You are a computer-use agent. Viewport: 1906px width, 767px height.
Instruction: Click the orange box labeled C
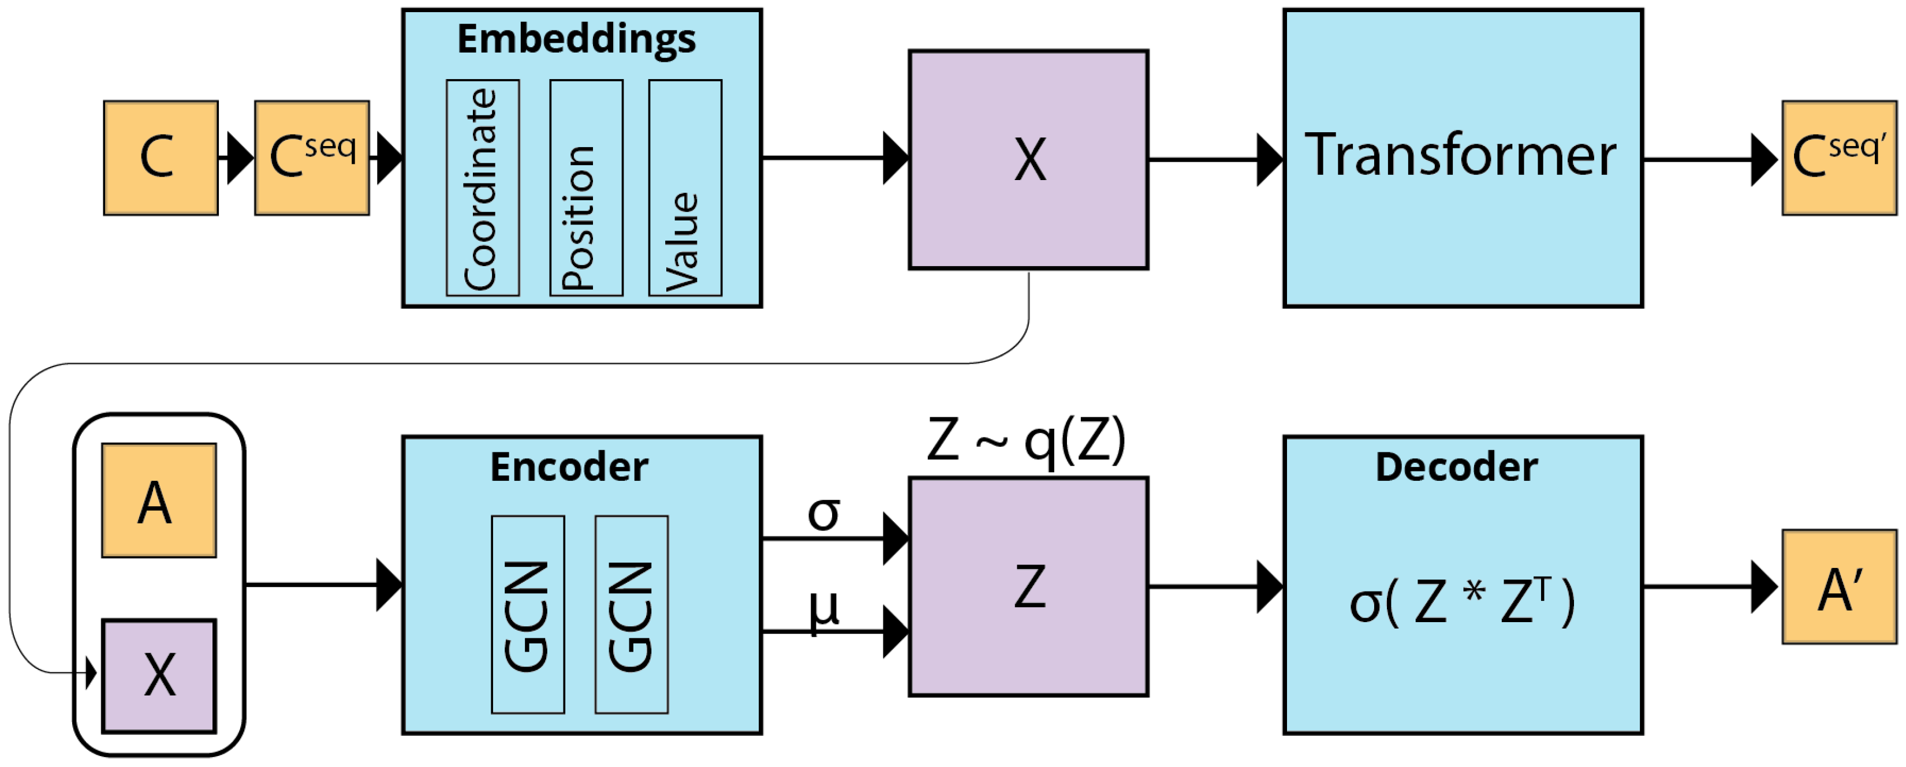point(161,158)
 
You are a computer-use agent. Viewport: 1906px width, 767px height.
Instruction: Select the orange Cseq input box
point(311,158)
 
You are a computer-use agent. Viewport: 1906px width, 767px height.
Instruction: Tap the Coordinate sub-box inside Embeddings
point(483,188)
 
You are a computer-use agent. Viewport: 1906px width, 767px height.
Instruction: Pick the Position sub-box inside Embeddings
point(586,188)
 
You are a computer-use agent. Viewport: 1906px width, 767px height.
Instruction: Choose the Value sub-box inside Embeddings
point(685,188)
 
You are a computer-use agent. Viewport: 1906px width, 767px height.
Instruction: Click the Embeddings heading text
point(576,39)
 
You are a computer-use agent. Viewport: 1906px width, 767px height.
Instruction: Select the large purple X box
point(1028,160)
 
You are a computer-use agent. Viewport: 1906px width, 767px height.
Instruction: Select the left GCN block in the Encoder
point(528,615)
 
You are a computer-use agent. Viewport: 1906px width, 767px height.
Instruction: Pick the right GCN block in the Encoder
point(631,615)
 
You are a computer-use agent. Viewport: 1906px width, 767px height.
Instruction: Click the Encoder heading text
point(569,467)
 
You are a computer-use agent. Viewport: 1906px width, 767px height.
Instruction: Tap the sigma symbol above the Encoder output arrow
point(823,513)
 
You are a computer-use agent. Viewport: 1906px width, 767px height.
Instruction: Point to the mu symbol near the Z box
point(823,610)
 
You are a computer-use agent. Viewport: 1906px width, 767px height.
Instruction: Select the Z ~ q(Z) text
point(1025,441)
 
